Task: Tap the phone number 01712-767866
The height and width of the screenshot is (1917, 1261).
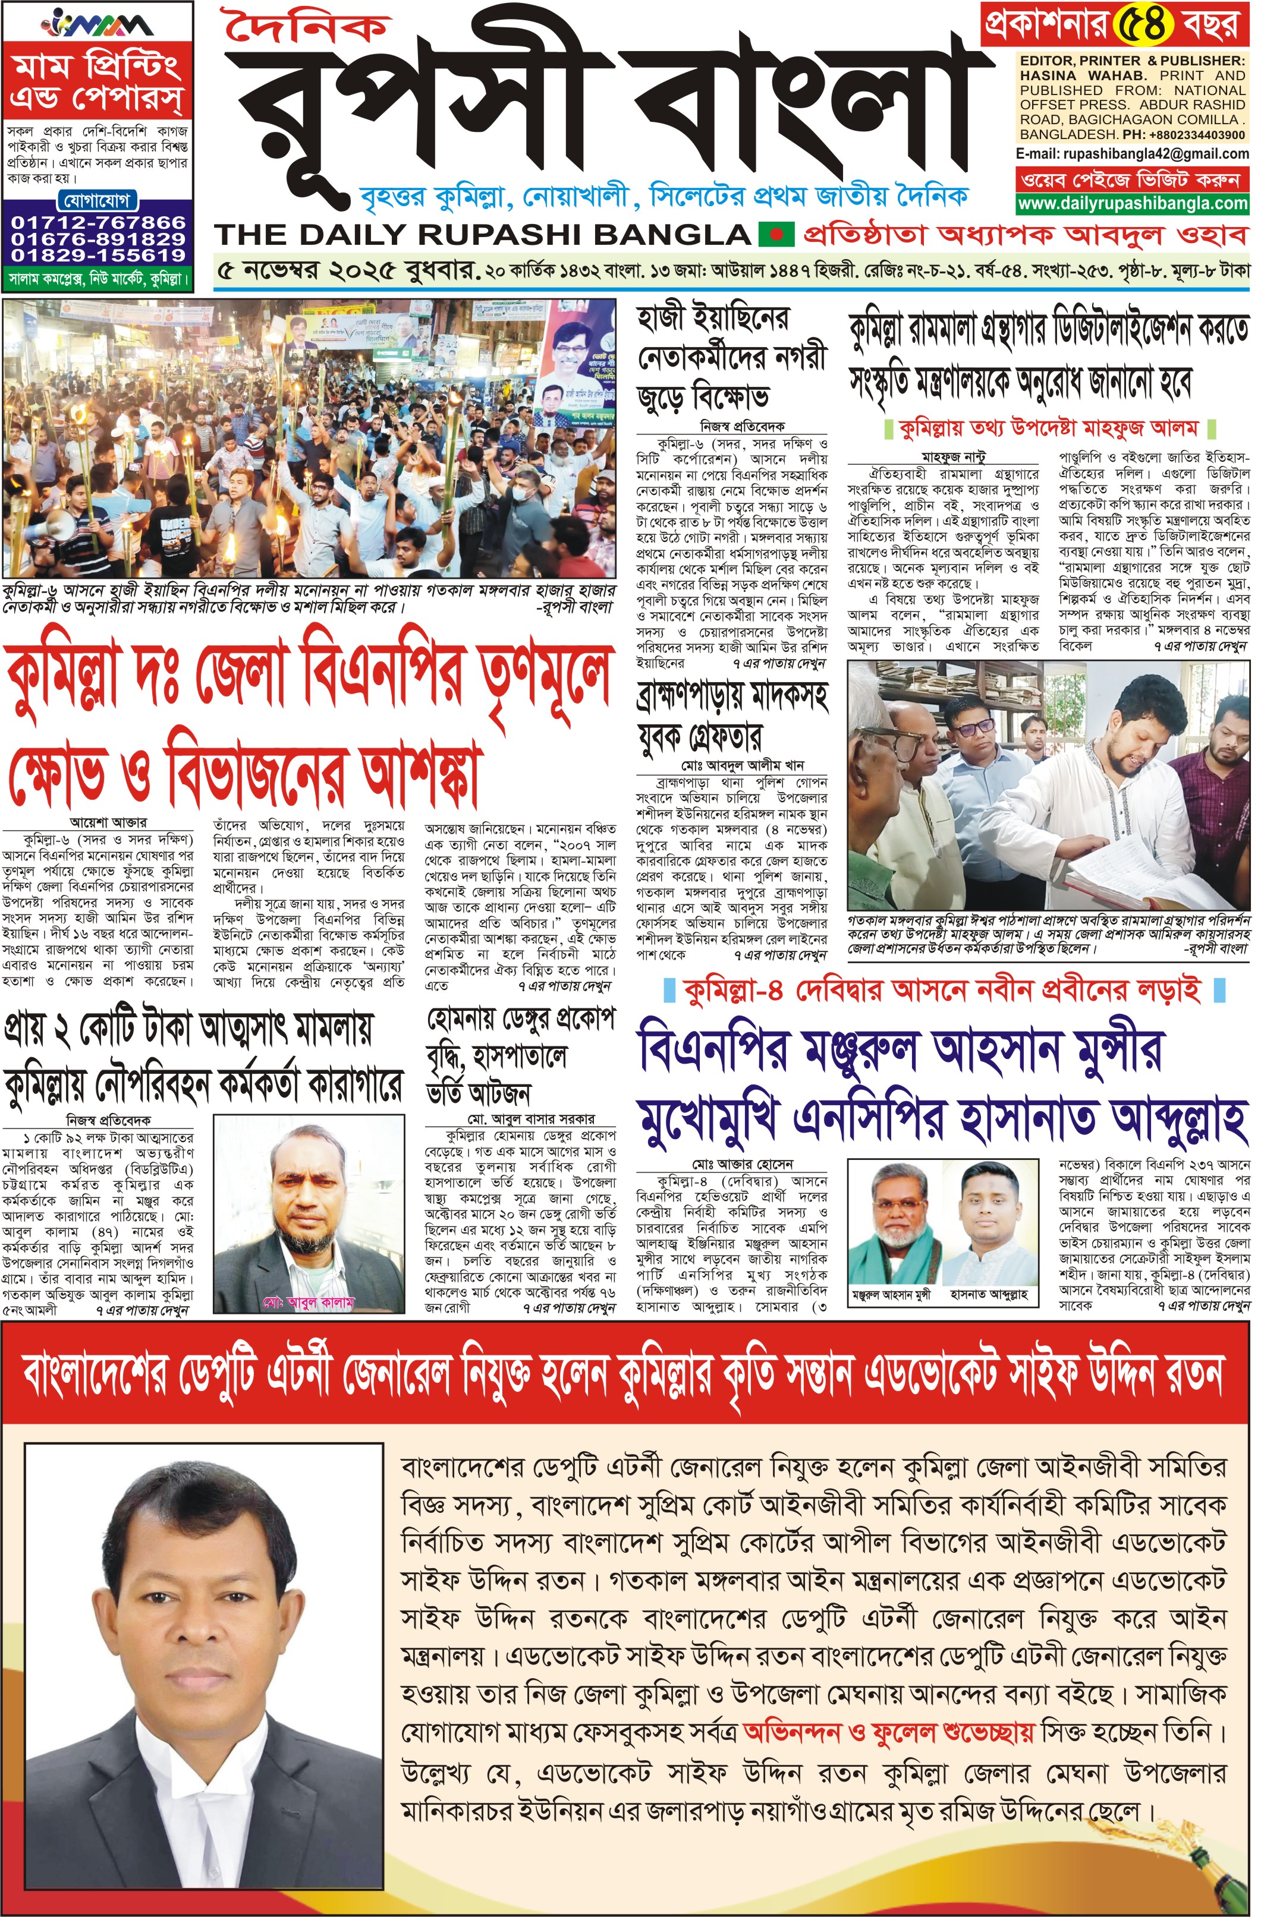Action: pos(98,222)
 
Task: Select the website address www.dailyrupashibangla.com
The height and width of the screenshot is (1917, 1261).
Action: pos(1132,203)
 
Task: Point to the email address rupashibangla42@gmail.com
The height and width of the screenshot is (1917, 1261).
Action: pos(1156,153)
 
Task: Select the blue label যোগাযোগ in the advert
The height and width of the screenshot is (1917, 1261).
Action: pos(98,200)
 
